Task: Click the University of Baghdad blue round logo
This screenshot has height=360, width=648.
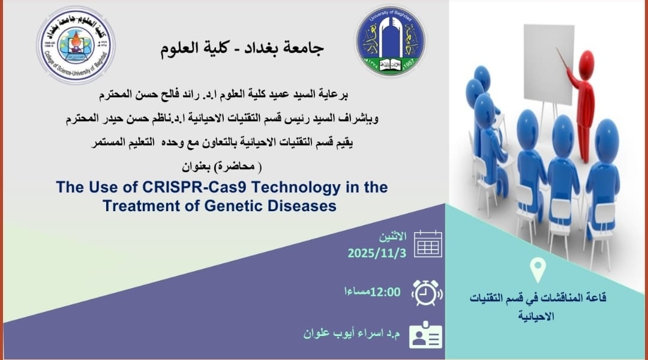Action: click(390, 41)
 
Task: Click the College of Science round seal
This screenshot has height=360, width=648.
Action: click(76, 45)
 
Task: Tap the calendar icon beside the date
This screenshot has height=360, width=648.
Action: click(428, 244)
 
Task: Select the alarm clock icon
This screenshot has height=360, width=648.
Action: click(427, 293)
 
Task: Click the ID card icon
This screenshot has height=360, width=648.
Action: click(425, 335)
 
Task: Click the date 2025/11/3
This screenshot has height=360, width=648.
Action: click(377, 253)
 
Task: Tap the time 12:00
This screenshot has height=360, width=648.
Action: click(385, 292)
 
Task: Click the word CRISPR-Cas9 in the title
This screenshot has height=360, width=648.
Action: click(194, 187)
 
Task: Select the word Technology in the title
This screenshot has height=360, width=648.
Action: click(296, 188)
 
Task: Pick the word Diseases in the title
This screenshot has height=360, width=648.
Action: click(302, 206)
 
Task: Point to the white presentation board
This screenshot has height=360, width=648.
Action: click(549, 64)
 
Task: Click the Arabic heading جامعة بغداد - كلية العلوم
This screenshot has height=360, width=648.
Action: click(242, 48)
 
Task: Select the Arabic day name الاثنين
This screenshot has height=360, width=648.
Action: click(393, 237)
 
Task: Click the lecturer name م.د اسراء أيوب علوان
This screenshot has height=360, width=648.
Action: click(352, 334)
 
